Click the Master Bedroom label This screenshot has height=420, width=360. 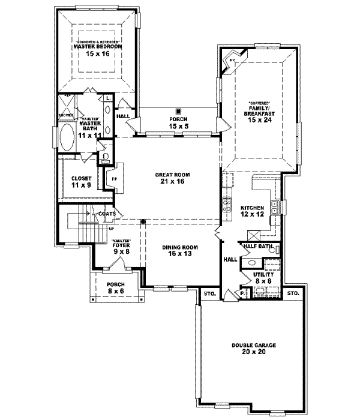98,46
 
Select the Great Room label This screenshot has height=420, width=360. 172,175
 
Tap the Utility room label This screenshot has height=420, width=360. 263,274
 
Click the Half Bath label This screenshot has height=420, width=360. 259,246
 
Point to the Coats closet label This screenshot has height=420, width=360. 107,213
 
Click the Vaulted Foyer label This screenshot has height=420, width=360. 121,246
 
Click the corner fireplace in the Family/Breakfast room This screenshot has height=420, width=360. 232,61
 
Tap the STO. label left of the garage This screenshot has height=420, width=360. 209,293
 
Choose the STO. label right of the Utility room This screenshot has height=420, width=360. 292,293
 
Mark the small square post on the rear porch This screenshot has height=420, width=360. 179,111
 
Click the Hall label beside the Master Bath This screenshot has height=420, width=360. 123,116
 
